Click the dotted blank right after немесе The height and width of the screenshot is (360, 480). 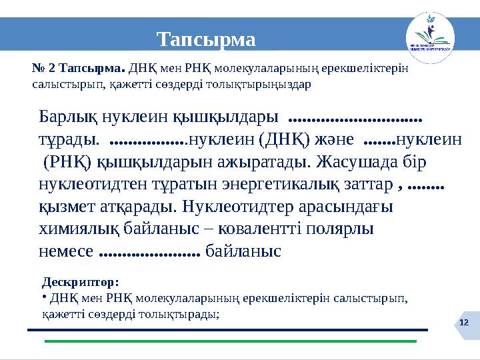pyautogui.click(x=149, y=253)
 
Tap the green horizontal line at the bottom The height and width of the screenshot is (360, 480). pyautogui.click(x=230, y=341)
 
